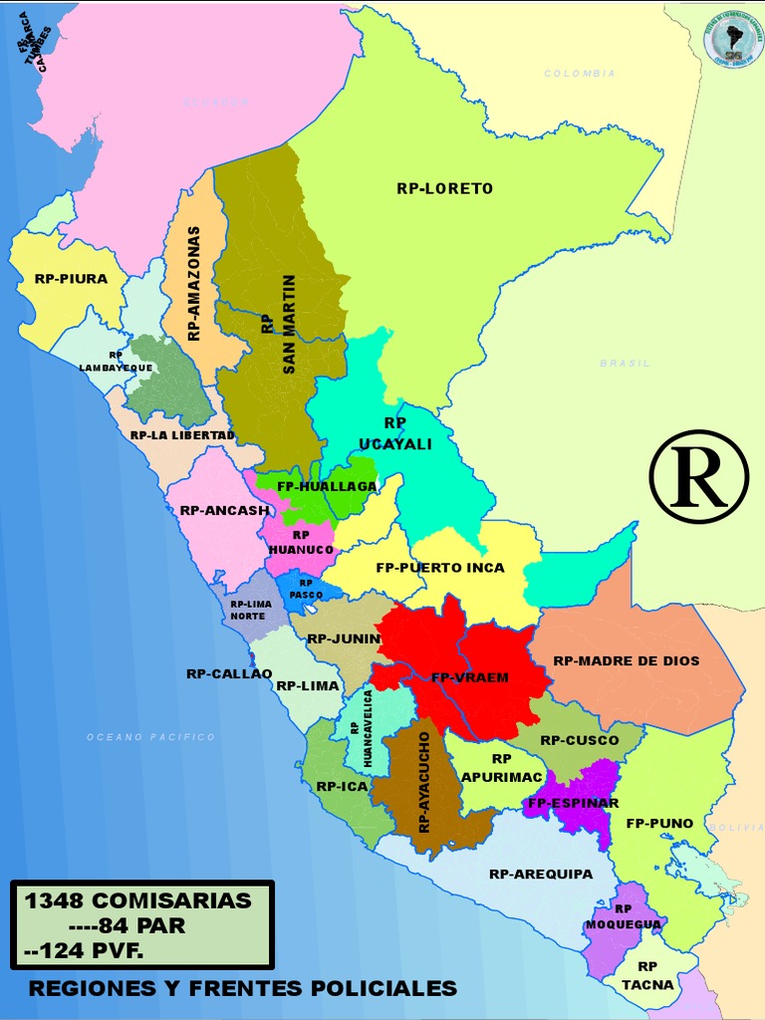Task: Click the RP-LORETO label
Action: [444, 188]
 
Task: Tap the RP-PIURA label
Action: [71, 279]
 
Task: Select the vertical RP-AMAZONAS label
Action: [194, 284]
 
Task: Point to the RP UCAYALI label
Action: [394, 433]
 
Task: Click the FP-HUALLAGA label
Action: [314, 486]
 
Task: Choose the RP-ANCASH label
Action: [224, 510]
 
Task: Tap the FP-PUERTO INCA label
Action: [440, 568]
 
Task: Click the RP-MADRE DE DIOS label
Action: [627, 660]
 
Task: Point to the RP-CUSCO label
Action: [580, 740]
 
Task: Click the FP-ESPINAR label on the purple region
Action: [574, 803]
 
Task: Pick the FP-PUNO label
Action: [659, 824]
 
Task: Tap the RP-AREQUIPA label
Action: [541, 874]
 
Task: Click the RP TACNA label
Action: [647, 975]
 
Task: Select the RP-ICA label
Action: [343, 786]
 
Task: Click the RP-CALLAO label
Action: [229, 673]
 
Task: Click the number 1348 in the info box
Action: [54, 901]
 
